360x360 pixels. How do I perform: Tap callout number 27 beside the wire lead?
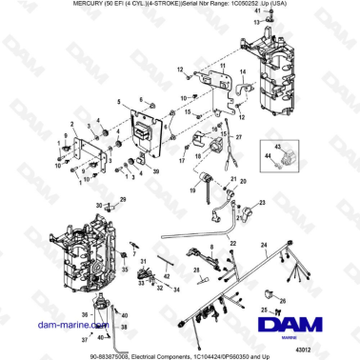click(x=238, y=138)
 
